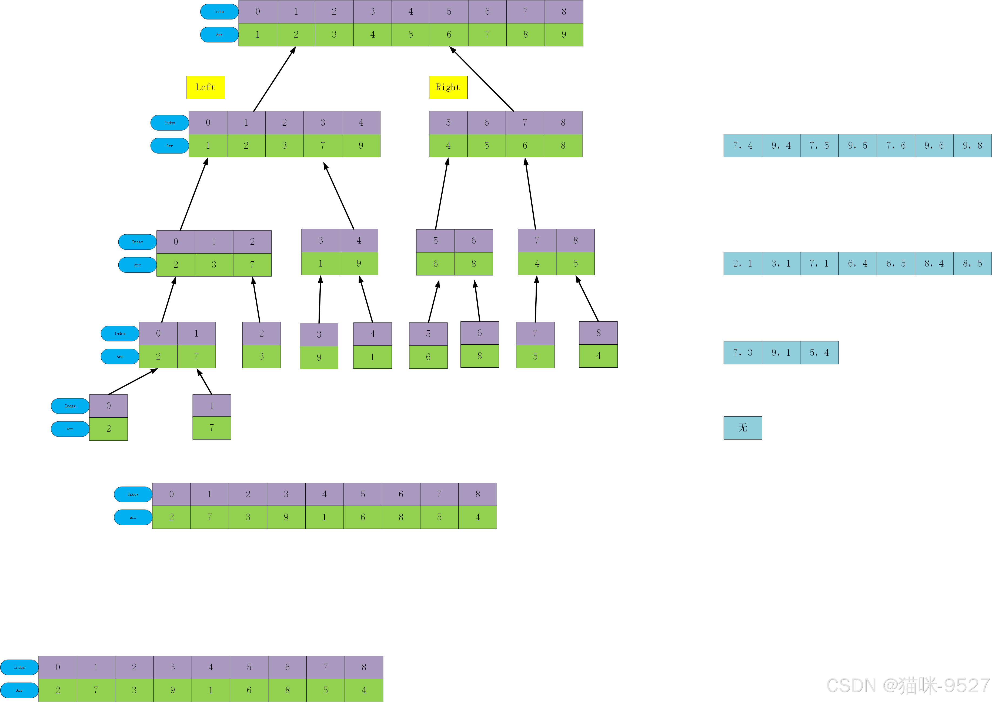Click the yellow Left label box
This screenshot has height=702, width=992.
click(206, 87)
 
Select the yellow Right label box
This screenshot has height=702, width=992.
click(448, 87)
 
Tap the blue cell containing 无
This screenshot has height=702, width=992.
click(743, 428)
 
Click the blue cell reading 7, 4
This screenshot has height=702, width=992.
click(743, 146)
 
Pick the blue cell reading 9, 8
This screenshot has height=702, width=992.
click(972, 146)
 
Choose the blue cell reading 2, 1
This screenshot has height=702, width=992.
click(743, 264)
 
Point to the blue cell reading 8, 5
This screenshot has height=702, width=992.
click(972, 264)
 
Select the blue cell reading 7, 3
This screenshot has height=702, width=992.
click(743, 353)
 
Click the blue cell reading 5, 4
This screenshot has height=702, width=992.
click(819, 353)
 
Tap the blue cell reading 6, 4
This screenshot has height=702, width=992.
click(858, 264)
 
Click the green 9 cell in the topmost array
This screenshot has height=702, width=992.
click(564, 35)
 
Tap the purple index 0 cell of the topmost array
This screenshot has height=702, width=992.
click(258, 12)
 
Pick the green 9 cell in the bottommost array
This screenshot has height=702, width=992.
click(172, 690)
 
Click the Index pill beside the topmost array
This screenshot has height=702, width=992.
click(219, 12)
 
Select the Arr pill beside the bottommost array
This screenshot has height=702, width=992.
click(19, 690)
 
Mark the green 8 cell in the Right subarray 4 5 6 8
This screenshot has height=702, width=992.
click(563, 146)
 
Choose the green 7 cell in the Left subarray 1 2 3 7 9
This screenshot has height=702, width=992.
click(323, 146)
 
